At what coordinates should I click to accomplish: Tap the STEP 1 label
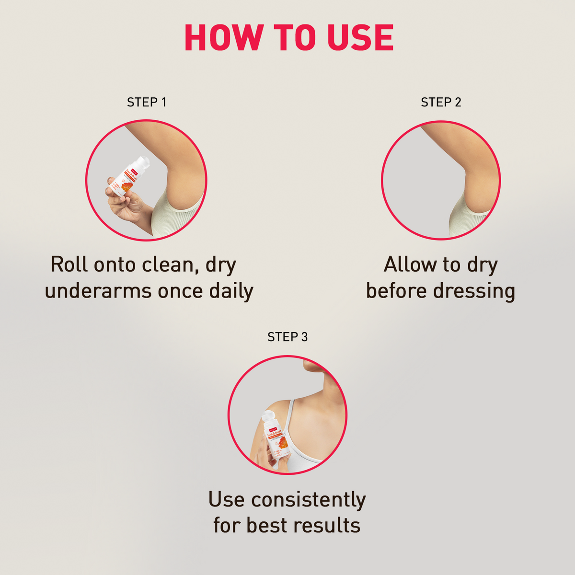point(147,102)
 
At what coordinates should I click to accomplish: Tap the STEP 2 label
point(441,102)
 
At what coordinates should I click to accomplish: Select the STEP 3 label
point(287,337)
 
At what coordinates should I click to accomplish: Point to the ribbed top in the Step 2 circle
point(467,220)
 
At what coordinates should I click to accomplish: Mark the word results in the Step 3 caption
point(327,525)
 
